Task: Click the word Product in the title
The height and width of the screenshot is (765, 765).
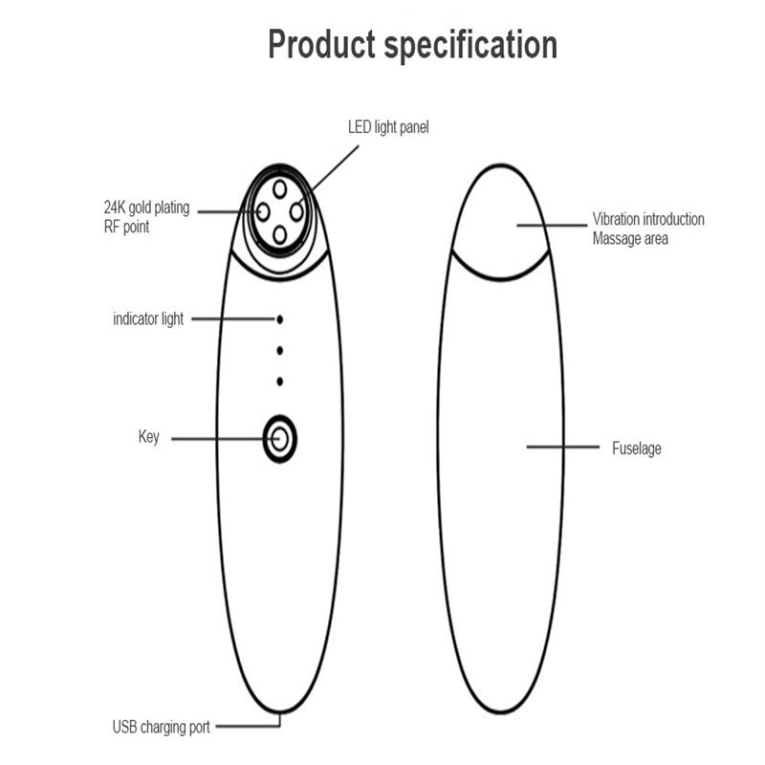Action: [x=321, y=44]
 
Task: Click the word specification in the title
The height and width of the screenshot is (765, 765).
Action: [x=470, y=45]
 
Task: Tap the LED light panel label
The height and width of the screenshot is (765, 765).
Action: [x=388, y=127]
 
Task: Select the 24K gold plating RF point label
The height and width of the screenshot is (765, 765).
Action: [x=146, y=217]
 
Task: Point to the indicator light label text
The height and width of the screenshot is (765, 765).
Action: [x=148, y=319]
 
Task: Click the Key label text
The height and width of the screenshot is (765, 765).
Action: [x=149, y=437]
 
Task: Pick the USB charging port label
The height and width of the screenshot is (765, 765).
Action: [x=161, y=727]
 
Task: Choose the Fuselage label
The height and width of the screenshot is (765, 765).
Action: [x=637, y=448]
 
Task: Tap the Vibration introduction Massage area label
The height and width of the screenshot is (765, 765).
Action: [x=648, y=229]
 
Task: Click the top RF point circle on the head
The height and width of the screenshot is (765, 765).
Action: [x=279, y=188]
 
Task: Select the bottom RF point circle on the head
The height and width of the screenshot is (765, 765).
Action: [x=279, y=234]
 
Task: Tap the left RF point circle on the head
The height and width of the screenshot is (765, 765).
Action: [x=263, y=211]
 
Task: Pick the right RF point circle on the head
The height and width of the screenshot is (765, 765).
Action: [x=296, y=211]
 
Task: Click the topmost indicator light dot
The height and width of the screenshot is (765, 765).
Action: [x=279, y=319]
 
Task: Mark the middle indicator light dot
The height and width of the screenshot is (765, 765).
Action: [x=279, y=350]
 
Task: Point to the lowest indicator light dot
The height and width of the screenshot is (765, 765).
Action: [x=279, y=381]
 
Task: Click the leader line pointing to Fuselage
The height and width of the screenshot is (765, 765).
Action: [x=563, y=447]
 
